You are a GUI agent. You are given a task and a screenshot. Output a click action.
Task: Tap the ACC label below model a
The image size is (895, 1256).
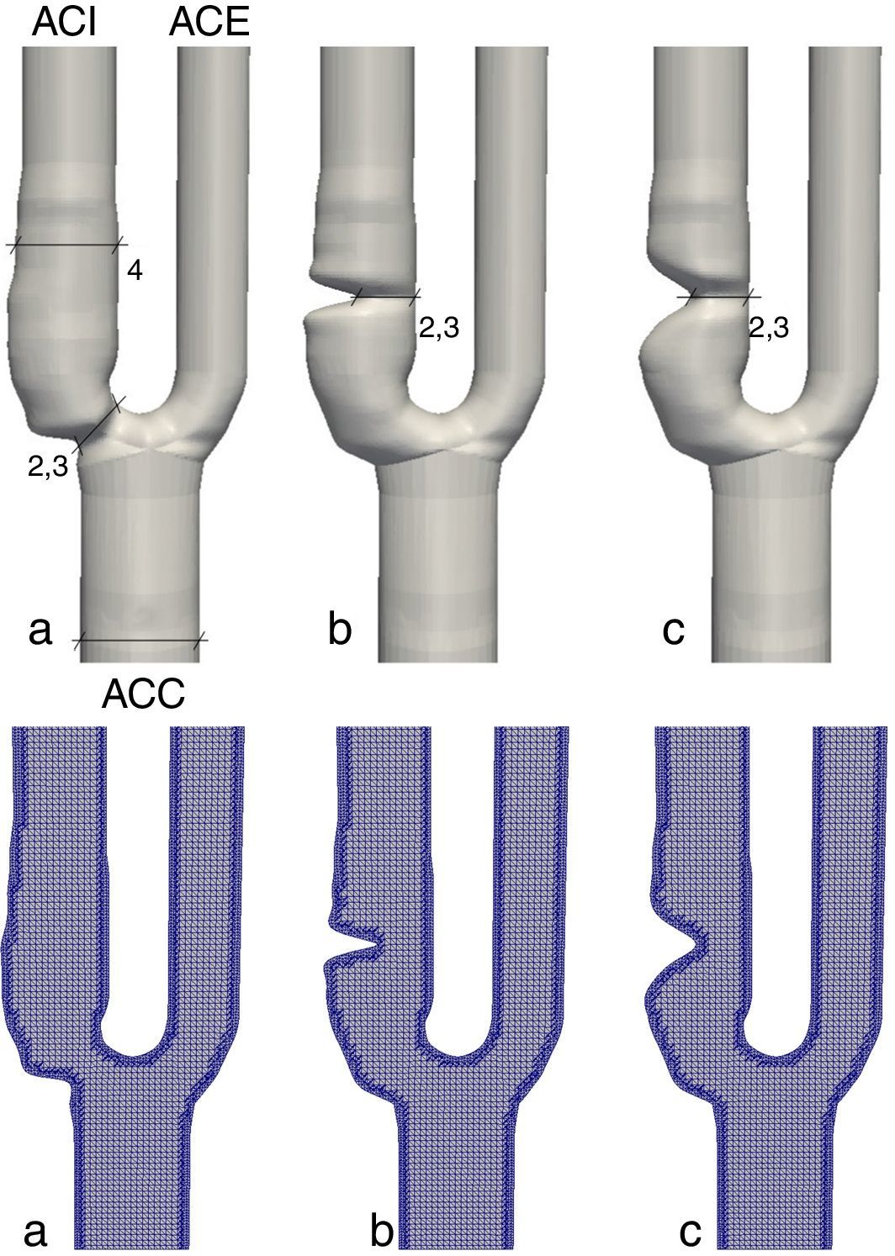(x=143, y=695)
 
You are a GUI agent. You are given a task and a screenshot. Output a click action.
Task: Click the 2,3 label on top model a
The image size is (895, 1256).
(x=47, y=467)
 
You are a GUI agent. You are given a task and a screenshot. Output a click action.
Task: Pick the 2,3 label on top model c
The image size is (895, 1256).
(x=769, y=329)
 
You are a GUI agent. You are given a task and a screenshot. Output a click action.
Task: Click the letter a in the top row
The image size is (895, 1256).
(x=39, y=631)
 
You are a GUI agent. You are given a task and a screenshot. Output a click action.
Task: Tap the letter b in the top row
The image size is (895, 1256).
(x=339, y=631)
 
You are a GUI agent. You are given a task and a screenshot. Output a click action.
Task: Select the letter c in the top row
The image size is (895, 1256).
(x=673, y=631)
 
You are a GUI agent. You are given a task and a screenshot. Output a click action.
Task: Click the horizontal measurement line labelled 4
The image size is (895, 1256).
(x=66, y=245)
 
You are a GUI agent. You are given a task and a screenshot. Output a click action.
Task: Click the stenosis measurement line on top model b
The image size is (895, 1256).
(x=384, y=297)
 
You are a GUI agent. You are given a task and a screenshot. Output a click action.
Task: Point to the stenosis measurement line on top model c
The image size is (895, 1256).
(x=718, y=297)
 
